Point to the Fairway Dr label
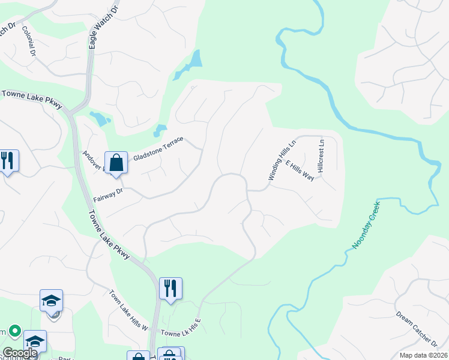pos(108,195)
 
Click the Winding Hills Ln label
pos(282,161)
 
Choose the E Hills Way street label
pos(300,171)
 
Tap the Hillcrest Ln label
pos(321,157)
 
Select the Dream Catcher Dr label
pos(417,329)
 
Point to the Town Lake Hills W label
pos(128,310)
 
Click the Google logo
pos(19,353)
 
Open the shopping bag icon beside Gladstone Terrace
pos(116,162)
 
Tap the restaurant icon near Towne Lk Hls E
pos(170,288)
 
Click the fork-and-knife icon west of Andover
pos(8,161)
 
